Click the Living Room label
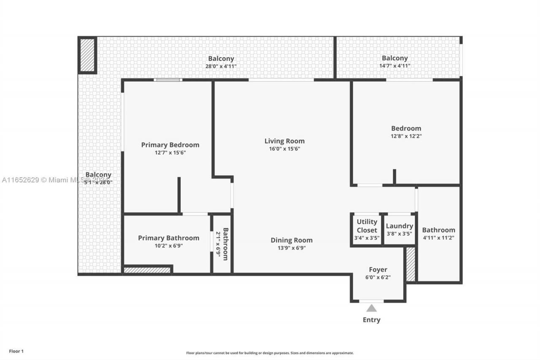click(284, 141)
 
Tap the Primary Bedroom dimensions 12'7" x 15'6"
click(170, 153)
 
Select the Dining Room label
click(292, 240)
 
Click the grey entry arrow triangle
click(371, 308)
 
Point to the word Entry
click(371, 320)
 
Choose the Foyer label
click(378, 270)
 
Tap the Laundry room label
click(399, 226)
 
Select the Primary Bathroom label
click(168, 238)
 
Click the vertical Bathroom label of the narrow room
click(225, 244)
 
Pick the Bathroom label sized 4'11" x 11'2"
click(438, 230)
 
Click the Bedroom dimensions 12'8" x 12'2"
click(406, 136)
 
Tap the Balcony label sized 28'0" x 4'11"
click(221, 59)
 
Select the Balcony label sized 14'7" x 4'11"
click(394, 58)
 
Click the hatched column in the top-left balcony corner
click(87, 55)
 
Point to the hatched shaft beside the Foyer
click(410, 264)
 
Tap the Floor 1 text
click(16, 351)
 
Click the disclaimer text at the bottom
click(270, 353)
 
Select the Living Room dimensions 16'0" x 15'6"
click(284, 149)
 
